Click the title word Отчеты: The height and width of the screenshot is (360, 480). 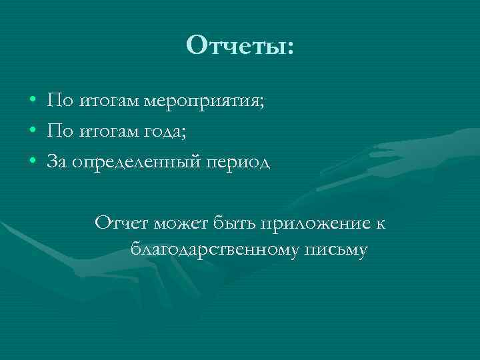[240, 46]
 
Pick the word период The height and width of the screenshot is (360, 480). [237, 163]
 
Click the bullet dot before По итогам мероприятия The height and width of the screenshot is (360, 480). [33, 102]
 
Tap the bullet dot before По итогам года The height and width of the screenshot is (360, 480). [33, 132]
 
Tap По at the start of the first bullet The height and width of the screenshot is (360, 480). [59, 101]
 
